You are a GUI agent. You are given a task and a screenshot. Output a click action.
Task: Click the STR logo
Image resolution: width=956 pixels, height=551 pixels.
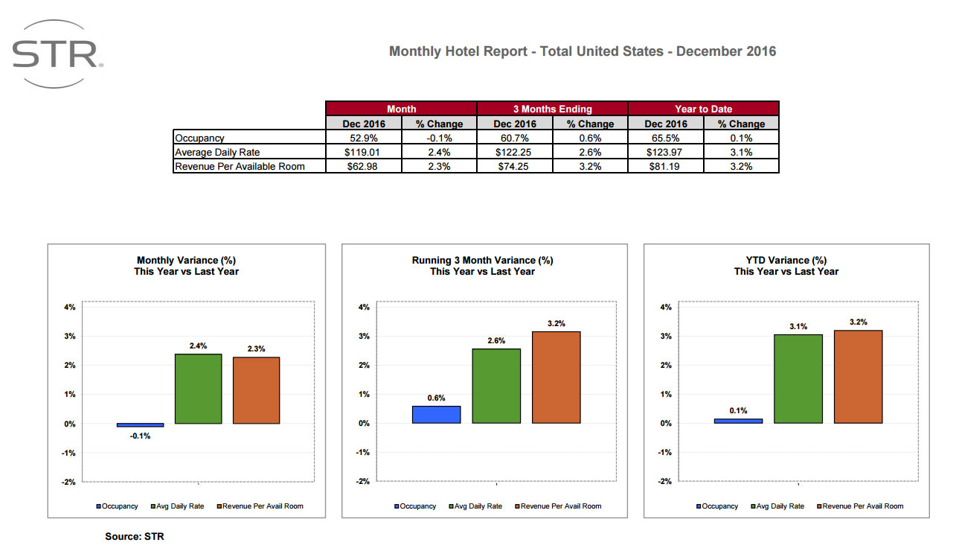pos(57,54)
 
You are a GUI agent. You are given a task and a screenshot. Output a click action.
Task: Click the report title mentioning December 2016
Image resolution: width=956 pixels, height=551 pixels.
pos(583,51)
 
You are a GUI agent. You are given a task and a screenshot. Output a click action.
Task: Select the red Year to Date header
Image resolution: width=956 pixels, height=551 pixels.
pos(703,109)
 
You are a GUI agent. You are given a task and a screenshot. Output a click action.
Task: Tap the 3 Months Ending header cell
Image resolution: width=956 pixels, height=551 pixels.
pos(552,109)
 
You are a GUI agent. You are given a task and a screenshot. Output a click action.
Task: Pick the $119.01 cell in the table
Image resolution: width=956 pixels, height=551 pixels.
pos(363,152)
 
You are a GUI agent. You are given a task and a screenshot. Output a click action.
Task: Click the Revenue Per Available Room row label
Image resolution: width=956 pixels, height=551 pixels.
pos(240,166)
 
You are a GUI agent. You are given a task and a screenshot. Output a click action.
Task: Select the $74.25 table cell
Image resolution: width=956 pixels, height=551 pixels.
pos(514,166)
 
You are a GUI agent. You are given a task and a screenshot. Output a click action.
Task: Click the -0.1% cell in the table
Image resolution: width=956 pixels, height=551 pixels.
pos(439,138)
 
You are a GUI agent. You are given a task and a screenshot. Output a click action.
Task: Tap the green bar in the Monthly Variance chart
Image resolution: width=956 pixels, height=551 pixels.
pos(198,389)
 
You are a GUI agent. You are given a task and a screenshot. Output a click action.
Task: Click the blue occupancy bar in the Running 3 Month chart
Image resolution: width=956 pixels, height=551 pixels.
pos(436,415)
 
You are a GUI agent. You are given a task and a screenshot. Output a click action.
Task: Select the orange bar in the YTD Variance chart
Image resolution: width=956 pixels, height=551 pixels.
pos(858,377)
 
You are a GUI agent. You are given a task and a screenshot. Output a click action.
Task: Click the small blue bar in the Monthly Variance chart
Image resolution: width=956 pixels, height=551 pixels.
pos(140,425)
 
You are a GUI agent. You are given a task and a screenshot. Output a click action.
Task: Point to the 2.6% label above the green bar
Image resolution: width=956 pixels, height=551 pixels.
pos(496,340)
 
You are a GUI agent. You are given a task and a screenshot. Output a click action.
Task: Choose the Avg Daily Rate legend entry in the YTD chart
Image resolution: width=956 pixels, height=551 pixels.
pos(780,506)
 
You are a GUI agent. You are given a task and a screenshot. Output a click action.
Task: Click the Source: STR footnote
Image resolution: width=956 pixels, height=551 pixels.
pos(135,536)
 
